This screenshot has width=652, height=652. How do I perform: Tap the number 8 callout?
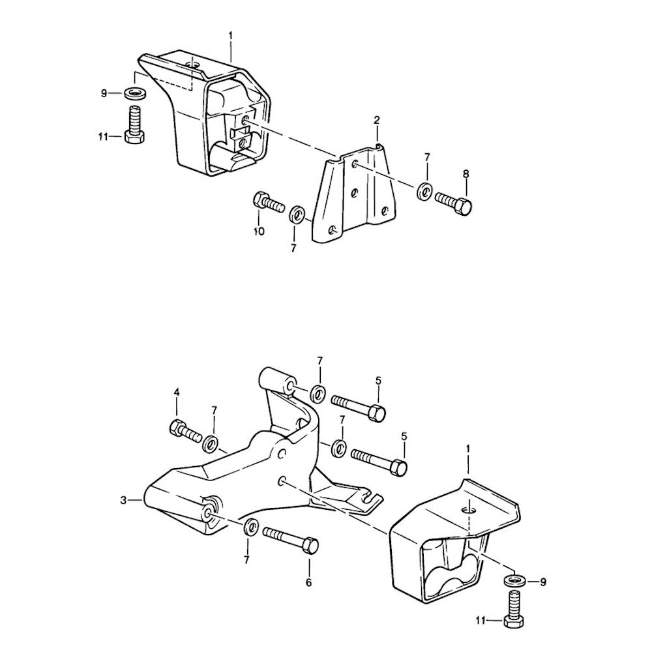coord(466,174)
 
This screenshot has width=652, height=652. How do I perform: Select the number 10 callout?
coord(259,231)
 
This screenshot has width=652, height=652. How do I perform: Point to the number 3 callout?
coord(123,501)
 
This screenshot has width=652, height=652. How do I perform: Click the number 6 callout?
coord(309,582)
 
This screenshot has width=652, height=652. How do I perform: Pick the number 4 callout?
coord(176,393)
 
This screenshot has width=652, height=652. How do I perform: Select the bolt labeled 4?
coord(186,432)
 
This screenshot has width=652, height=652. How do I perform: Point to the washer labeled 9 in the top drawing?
coord(135,93)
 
